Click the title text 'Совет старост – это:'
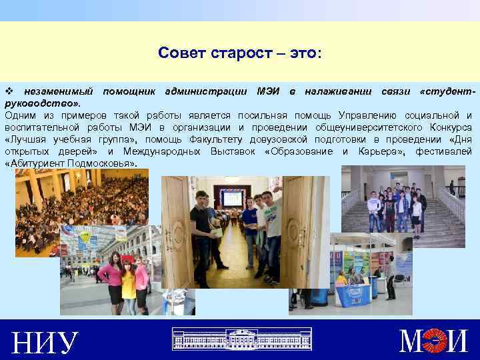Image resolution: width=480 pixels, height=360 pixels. click(240, 53)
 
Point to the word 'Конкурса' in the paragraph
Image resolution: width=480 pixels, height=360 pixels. click(447, 127)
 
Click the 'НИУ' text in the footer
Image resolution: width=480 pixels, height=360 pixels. click(45, 342)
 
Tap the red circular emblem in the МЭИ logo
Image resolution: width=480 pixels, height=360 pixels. click(437, 341)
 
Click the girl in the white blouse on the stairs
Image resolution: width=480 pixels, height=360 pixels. click(416, 213)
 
